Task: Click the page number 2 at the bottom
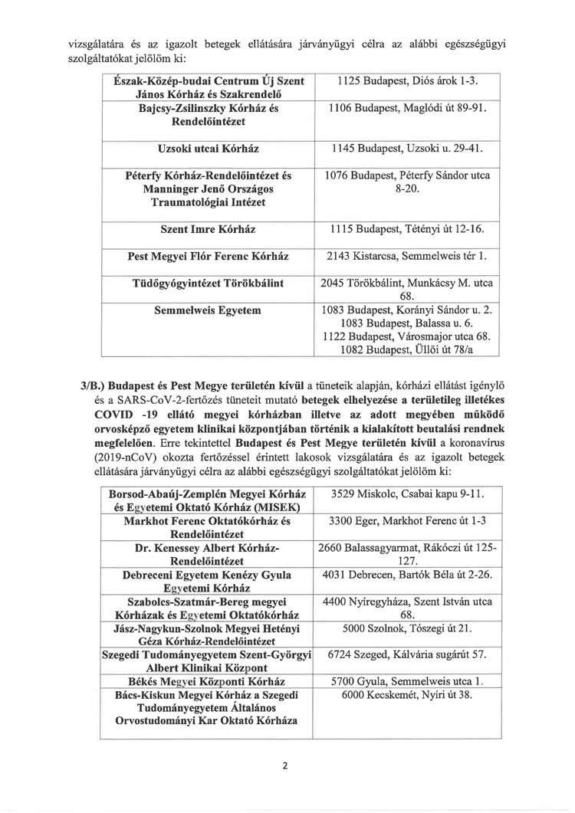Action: pyautogui.click(x=284, y=767)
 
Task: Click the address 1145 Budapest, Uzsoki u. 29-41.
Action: pyautogui.click(x=403, y=147)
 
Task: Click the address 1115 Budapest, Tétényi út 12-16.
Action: pyautogui.click(x=403, y=229)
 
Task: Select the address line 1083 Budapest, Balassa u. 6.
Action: pyautogui.click(x=403, y=324)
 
